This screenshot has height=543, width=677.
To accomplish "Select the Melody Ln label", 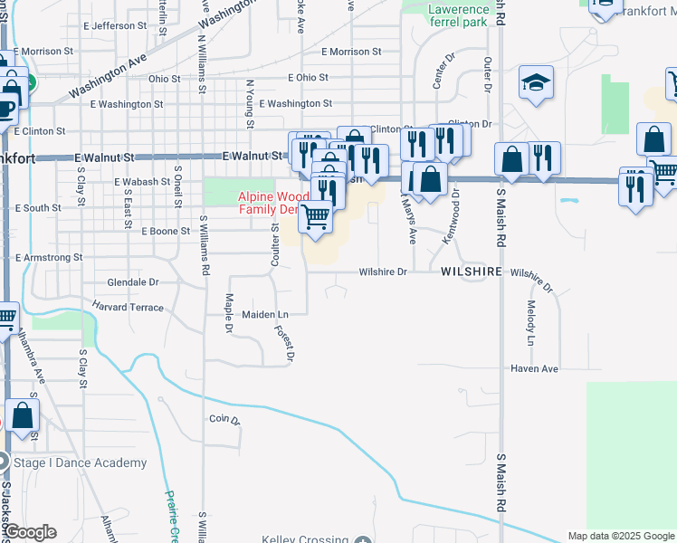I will point(530,323).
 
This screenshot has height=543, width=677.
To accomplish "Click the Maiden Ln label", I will point(264,314).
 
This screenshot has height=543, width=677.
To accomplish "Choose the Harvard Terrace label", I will point(128,308).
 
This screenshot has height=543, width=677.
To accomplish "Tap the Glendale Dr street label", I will point(133,282).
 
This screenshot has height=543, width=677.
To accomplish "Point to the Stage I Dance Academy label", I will point(80,463).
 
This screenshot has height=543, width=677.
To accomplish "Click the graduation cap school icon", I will point(536,83).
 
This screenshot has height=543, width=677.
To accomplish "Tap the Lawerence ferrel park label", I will point(460,14).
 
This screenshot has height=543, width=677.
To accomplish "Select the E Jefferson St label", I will point(125,26).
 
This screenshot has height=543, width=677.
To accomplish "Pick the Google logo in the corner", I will point(29,532).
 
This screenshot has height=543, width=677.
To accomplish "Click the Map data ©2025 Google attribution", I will point(620,536).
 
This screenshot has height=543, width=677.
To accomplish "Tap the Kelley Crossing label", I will point(304,540).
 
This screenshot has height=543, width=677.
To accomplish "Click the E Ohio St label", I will point(309,79).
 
